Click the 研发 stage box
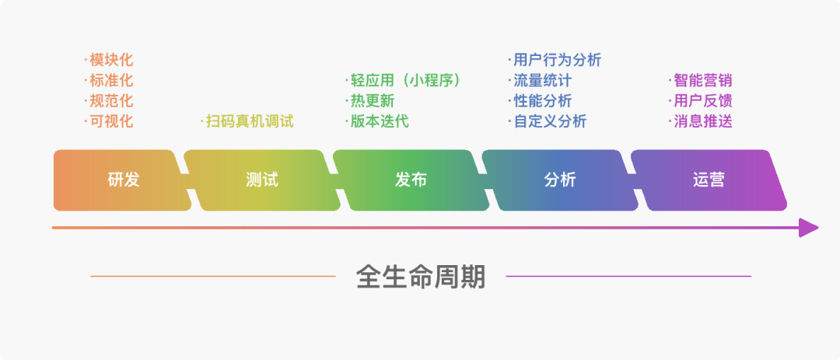(x=123, y=180)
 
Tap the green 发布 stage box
(x=410, y=180)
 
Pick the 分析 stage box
(x=559, y=180)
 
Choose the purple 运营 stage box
(x=708, y=180)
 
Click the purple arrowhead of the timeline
(x=808, y=228)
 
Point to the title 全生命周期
(x=420, y=276)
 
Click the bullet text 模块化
(x=110, y=60)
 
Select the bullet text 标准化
(x=110, y=80)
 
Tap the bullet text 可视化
(x=110, y=121)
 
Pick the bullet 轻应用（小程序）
(x=404, y=80)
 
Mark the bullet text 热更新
(x=371, y=101)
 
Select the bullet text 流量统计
(x=541, y=80)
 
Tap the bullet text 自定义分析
(x=548, y=121)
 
